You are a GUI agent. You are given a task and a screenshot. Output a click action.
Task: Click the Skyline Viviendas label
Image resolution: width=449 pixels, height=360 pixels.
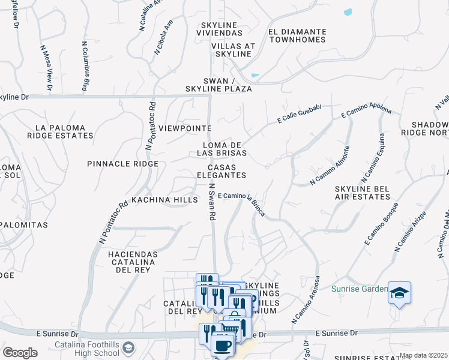pyautogui.click(x=217, y=28)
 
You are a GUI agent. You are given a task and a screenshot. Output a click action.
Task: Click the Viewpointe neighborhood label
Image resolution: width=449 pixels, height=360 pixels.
pyautogui.click(x=185, y=128)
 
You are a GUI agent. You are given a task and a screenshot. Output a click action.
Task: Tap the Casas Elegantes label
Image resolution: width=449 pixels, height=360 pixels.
pyautogui.click(x=226, y=171)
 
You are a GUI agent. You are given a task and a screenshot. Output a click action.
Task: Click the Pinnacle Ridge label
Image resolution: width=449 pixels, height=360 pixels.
pyautogui.click(x=122, y=164)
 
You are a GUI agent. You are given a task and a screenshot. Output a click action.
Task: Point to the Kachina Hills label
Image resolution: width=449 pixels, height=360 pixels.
pyautogui.click(x=164, y=199)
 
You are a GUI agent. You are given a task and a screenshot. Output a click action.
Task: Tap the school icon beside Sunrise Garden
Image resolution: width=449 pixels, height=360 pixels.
pyautogui.click(x=399, y=293)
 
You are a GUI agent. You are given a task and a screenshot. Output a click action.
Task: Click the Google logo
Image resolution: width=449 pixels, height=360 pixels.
pyautogui.click(x=19, y=353)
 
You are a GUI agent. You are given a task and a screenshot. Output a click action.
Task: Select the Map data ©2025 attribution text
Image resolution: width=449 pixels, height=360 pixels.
pyautogui.click(x=423, y=355)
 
